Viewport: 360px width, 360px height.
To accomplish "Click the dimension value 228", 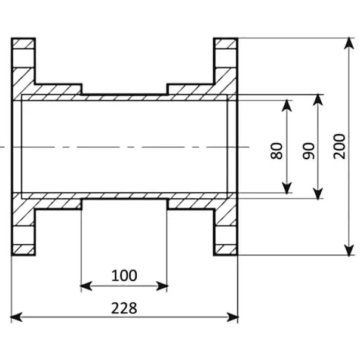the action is (124, 308).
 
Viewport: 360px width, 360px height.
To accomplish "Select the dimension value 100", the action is (124, 275).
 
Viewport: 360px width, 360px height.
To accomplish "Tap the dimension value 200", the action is (339, 146).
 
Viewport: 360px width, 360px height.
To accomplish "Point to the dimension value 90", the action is (309, 150).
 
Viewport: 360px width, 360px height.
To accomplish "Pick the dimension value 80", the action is (276, 150).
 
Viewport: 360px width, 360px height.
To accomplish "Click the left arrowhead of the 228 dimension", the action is (17, 317).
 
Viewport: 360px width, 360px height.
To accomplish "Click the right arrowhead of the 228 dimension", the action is (232, 317).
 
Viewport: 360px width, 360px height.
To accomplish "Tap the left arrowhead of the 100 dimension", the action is (86, 286).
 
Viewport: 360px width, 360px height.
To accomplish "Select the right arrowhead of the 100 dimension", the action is (162, 286).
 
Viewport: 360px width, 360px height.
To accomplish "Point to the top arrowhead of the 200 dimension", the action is (349, 43).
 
